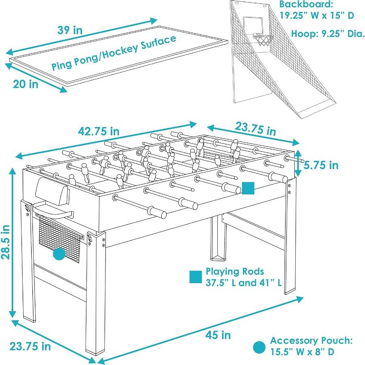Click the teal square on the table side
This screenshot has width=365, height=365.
(248, 188)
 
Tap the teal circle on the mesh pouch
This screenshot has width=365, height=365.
(59, 255)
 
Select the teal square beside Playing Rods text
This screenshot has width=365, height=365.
(195, 276)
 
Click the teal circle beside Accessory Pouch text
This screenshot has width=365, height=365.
(259, 347)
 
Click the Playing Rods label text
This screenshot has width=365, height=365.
(235, 271)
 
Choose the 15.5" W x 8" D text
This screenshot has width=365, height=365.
(303, 352)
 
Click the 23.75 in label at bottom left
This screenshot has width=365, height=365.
(30, 346)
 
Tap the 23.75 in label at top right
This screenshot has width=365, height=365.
(255, 129)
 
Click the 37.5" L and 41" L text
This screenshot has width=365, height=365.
(243, 283)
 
